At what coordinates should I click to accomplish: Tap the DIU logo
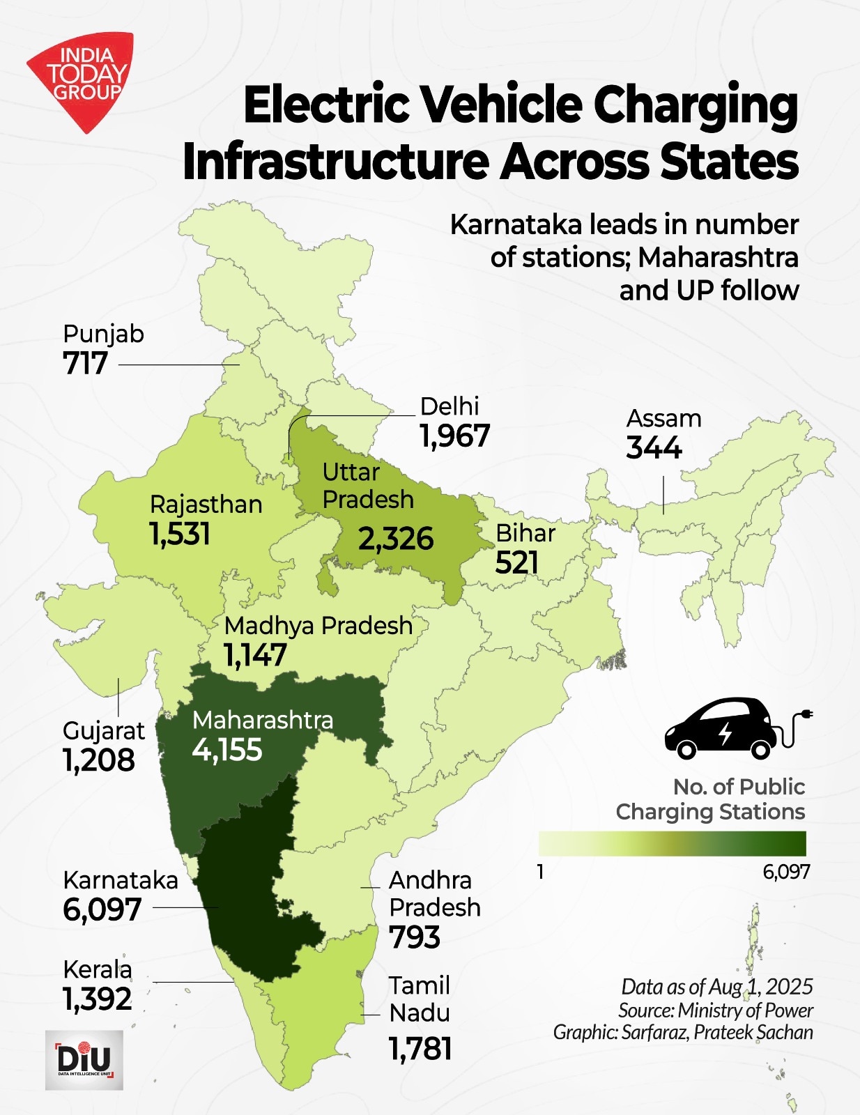tap(84, 1060)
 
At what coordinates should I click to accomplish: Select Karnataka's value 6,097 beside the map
tap(102, 909)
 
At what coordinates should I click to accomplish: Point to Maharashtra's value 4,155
tap(227, 750)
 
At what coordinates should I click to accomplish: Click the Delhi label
tap(450, 406)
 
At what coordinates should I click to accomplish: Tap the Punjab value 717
tap(86, 364)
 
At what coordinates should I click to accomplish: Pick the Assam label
tap(663, 418)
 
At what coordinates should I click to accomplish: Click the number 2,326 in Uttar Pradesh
tap(396, 539)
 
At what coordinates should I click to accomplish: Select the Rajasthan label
tap(206, 504)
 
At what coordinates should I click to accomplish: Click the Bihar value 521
tap(517, 563)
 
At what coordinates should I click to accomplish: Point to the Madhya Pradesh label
tap(318, 625)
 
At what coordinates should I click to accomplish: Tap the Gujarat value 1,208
tap(99, 760)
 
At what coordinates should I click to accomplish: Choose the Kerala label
tap(98, 969)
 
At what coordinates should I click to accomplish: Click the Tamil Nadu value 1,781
tap(420, 1049)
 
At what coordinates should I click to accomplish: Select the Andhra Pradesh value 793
tap(415, 938)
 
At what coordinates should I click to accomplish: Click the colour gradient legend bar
tap(672, 843)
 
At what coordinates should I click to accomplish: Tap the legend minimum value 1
tap(541, 872)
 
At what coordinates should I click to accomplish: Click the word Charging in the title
tap(696, 105)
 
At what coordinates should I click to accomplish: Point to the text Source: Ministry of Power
tap(715, 1010)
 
